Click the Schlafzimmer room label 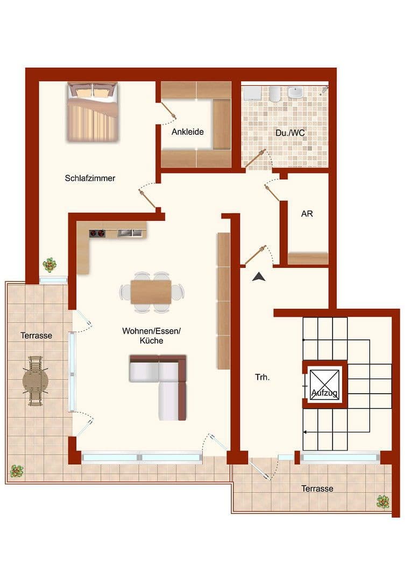coord(90,178)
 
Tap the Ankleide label coord(187,132)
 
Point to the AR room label coord(307,214)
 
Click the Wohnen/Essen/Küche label coord(151,336)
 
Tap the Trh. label coord(263,377)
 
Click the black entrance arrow coord(259,277)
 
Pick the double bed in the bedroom coord(92,111)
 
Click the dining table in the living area coord(151,292)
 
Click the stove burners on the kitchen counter coord(97,233)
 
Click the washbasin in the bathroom coord(296,93)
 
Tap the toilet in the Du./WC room coord(274,94)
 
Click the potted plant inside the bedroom coord(49,265)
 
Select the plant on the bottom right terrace coord(383,502)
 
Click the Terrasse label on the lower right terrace coord(317,489)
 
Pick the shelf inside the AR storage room coord(308,258)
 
